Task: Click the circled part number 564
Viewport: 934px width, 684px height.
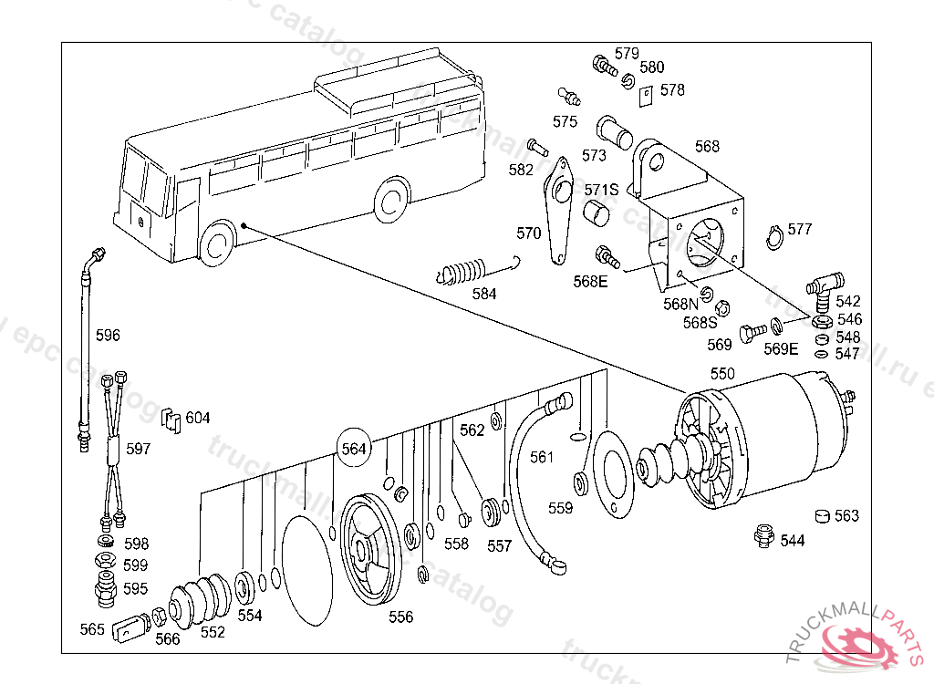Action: coord(353,449)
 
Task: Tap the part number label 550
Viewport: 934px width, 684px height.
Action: coord(722,374)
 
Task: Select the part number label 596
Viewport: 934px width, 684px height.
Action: coord(108,335)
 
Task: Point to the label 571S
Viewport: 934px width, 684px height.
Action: coord(601,190)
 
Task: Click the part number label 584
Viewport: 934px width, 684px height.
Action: coord(484,294)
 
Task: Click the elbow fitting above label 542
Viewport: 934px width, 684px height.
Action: coord(825,285)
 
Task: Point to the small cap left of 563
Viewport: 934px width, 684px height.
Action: coord(822,516)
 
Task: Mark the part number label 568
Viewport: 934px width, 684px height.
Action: coord(707,146)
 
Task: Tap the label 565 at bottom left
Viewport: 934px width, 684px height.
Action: coord(92,628)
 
